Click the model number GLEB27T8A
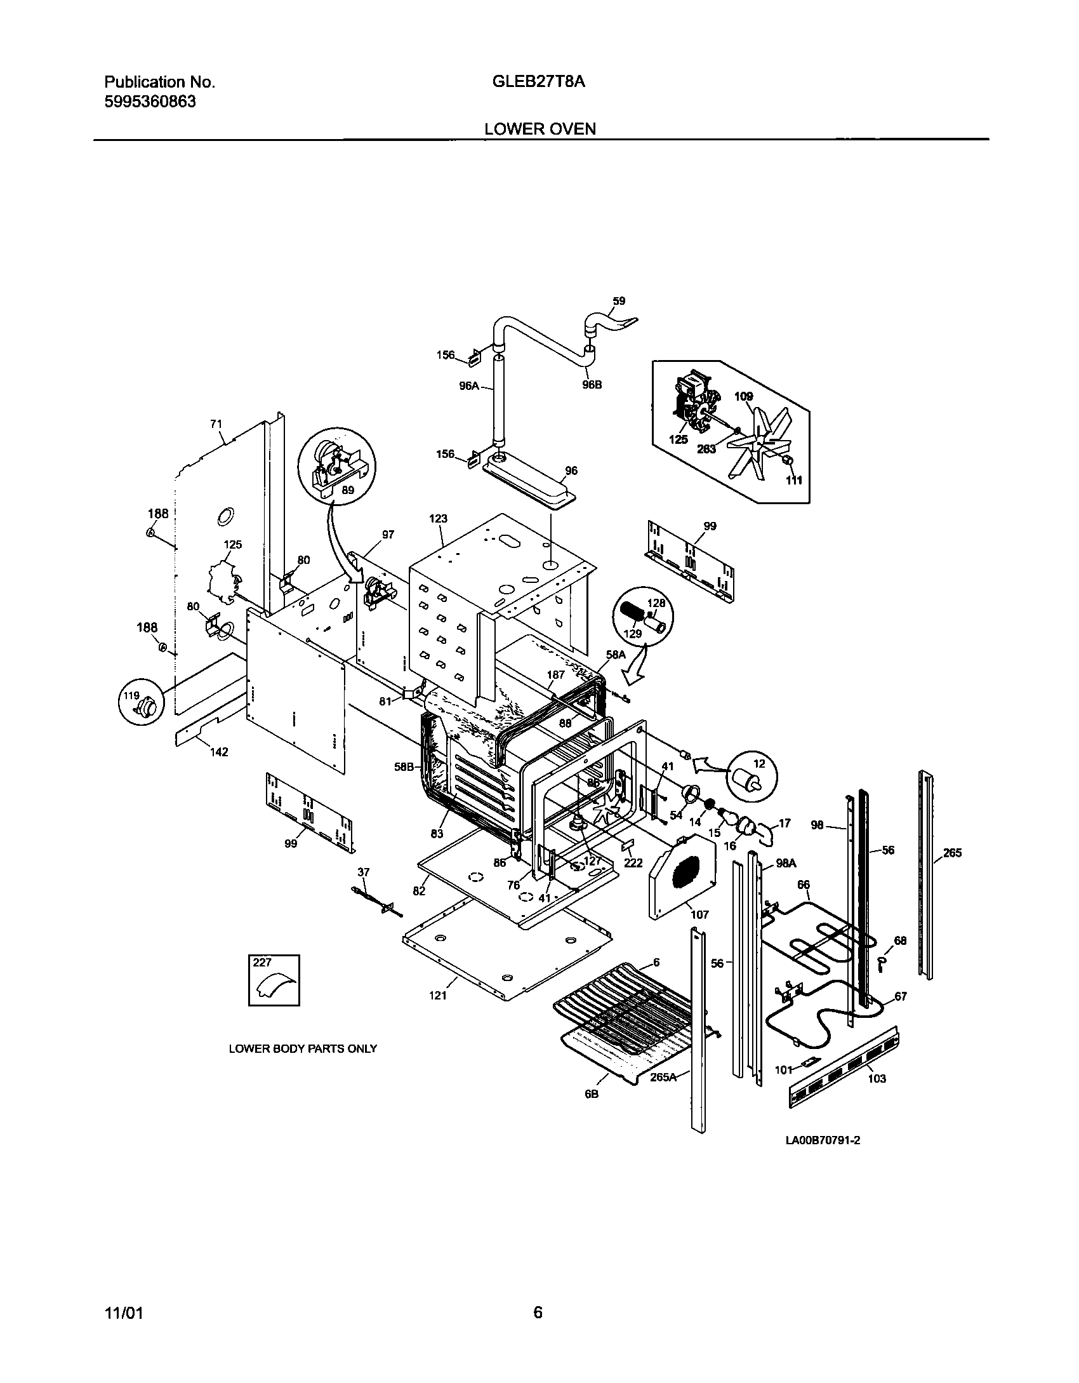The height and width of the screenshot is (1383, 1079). click(538, 82)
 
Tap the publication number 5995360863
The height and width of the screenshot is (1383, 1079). click(150, 102)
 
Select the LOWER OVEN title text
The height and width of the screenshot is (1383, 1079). click(540, 129)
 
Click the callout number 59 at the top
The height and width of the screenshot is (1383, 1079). click(618, 301)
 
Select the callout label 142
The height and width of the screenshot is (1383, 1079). click(218, 752)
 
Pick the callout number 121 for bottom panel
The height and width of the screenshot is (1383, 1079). click(437, 995)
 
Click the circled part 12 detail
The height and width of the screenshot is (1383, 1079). click(751, 777)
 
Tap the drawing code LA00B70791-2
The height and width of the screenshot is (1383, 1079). click(823, 1140)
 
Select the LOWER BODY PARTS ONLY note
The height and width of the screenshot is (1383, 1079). click(303, 1049)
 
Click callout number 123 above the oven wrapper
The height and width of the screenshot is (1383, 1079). click(438, 518)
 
